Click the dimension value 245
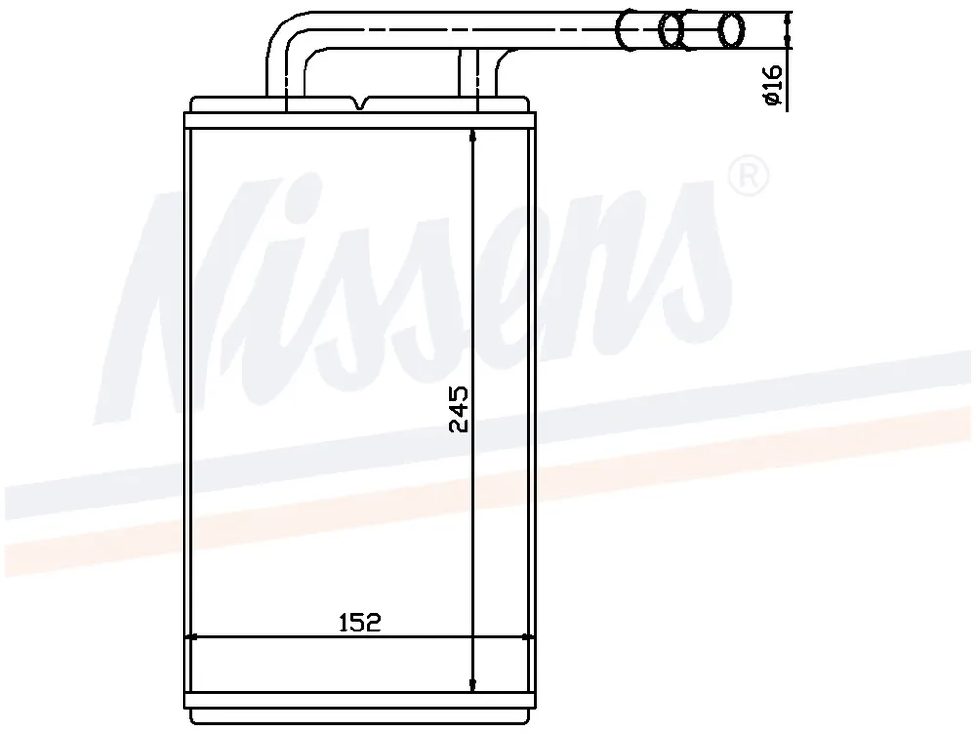pos(459,409)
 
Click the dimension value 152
pos(359,622)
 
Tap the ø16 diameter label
pos(772,85)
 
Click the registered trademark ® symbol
pos(749,176)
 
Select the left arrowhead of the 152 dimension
pos(191,637)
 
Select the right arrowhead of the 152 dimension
pos(527,637)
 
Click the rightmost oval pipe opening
pos(731,29)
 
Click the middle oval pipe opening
pos(671,29)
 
